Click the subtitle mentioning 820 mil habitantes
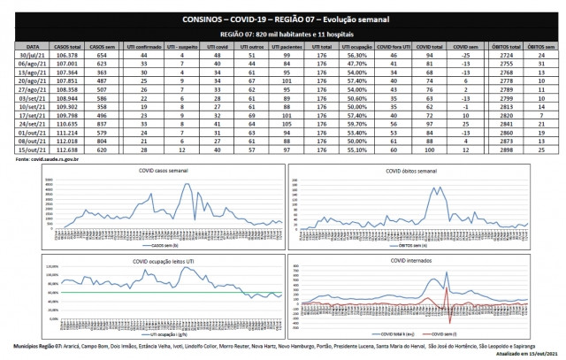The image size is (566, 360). tap(281, 33)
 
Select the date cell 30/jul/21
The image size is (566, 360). tap(32, 55)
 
